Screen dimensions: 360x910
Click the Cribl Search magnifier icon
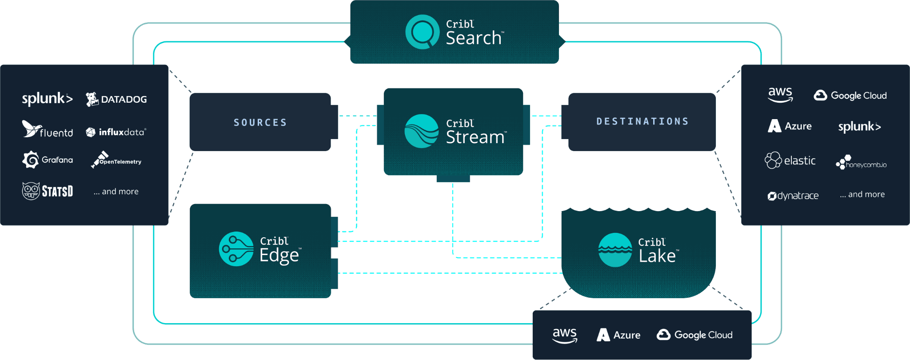click(x=422, y=32)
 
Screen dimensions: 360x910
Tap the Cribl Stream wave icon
click(x=421, y=131)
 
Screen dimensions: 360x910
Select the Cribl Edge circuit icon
click(x=236, y=249)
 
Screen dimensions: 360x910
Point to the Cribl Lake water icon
click(x=615, y=250)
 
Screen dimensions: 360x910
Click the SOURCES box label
click(x=260, y=122)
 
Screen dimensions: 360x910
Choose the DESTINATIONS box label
click(x=642, y=121)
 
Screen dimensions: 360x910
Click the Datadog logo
click(x=116, y=99)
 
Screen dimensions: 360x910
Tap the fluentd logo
click(x=47, y=129)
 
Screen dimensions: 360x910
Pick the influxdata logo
click(x=116, y=132)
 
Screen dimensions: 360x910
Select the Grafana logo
click(x=47, y=160)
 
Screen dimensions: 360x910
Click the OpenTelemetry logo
click(x=116, y=160)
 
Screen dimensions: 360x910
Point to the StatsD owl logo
click(x=47, y=191)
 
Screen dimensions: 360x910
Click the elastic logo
click(x=790, y=160)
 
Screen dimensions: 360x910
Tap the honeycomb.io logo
click(x=861, y=162)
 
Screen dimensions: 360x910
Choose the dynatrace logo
click(x=793, y=196)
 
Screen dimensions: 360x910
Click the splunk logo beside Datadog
click(x=47, y=99)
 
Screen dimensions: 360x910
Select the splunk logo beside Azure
click(x=859, y=127)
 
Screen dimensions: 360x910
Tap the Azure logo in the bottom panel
click(x=618, y=335)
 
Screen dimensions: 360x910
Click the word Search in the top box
click(x=474, y=38)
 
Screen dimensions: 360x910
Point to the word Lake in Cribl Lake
click(x=657, y=256)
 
